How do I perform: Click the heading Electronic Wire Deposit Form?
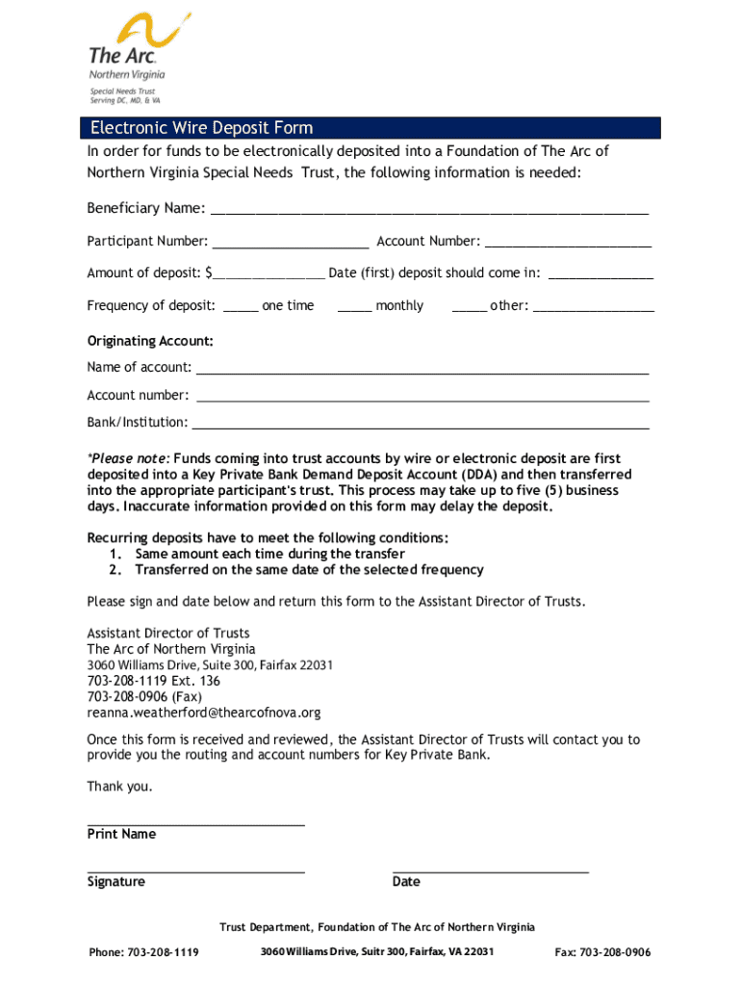click(201, 128)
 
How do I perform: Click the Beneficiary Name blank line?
click(429, 211)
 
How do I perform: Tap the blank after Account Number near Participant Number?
click(568, 244)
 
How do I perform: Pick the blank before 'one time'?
click(241, 308)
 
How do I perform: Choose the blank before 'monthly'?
click(355, 308)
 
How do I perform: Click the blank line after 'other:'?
click(593, 308)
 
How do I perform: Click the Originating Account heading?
click(150, 342)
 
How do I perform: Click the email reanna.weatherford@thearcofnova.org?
click(204, 714)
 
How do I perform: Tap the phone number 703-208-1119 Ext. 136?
click(154, 681)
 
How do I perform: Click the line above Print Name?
click(196, 824)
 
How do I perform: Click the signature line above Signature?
click(196, 870)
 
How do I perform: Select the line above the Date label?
click(491, 870)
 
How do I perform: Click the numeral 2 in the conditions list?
click(115, 570)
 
